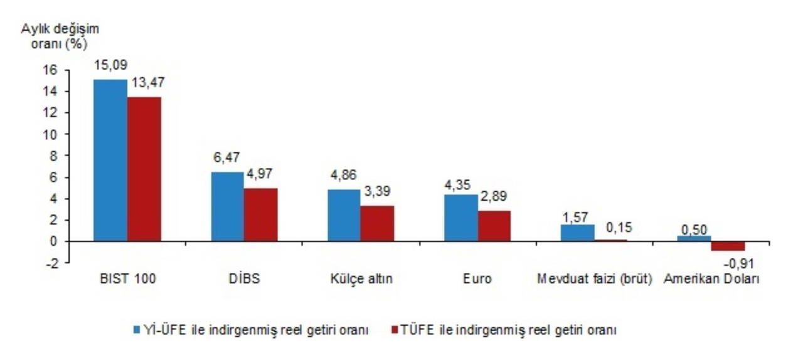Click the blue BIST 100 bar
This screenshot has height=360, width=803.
click(x=110, y=160)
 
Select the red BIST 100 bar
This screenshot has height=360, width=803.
click(x=144, y=169)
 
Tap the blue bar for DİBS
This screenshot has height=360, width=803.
click(x=227, y=206)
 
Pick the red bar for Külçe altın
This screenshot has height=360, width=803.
click(x=378, y=223)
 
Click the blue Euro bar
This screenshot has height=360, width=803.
click(x=461, y=218)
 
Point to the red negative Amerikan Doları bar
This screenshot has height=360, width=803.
click(x=728, y=246)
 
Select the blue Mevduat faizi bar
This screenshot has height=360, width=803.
click(x=577, y=233)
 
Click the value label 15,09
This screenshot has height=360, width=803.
click(x=110, y=65)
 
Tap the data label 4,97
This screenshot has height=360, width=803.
click(x=260, y=174)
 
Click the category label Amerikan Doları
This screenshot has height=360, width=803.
click(x=711, y=279)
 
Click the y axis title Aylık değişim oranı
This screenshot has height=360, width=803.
click(x=60, y=36)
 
